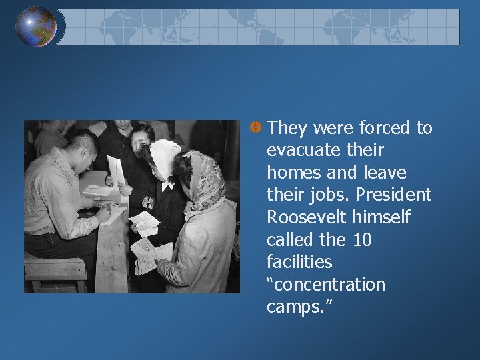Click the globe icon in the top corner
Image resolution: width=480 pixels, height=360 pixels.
point(36,27)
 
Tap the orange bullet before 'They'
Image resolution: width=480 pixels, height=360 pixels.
point(255,126)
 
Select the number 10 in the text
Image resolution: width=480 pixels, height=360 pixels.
point(361,240)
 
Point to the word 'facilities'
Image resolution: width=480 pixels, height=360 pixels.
point(299,262)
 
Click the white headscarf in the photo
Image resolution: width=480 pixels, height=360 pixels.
point(163,156)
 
